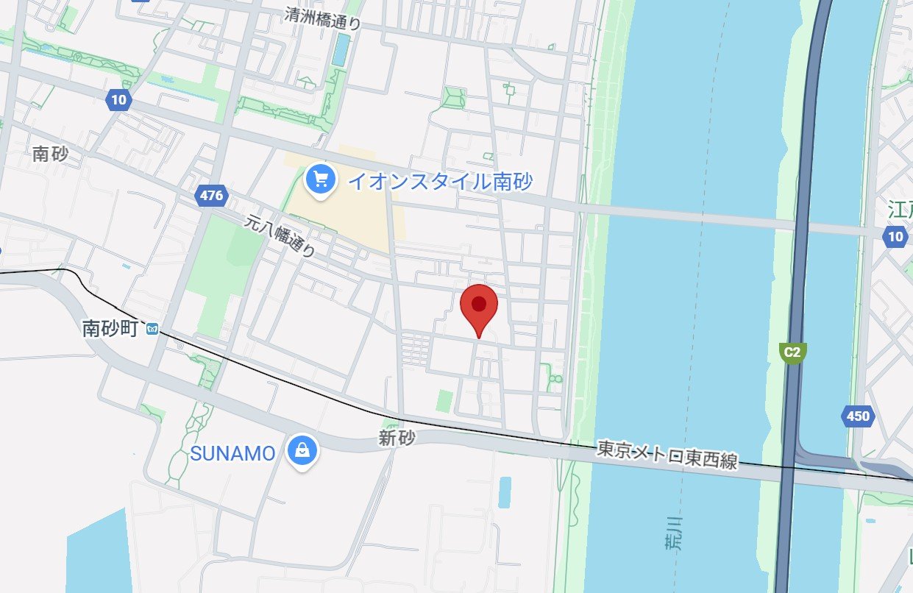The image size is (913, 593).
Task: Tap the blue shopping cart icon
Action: tap(320, 178)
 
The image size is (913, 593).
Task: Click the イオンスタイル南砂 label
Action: tap(440, 181)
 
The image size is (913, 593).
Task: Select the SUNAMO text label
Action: tap(232, 454)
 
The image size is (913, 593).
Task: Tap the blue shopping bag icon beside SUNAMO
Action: tap(302, 450)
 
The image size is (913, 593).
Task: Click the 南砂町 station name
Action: tap(110, 329)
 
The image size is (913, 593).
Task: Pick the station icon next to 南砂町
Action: tap(152, 329)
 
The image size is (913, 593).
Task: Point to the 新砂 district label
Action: tap(397, 438)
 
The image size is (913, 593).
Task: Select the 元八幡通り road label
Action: tap(280, 234)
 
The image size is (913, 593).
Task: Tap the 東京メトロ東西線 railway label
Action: tap(667, 454)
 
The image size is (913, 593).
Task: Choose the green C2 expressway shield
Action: tap(792, 352)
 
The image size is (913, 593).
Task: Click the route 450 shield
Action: tap(857, 416)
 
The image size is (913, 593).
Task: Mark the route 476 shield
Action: tap(210, 196)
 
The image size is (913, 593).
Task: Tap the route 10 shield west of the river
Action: tap(118, 100)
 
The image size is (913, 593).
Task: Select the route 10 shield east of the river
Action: tap(895, 236)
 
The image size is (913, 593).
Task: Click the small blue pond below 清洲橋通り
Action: tap(341, 49)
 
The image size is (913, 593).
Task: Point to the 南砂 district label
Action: tap(51, 154)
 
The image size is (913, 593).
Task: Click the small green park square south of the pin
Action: tap(444, 401)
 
